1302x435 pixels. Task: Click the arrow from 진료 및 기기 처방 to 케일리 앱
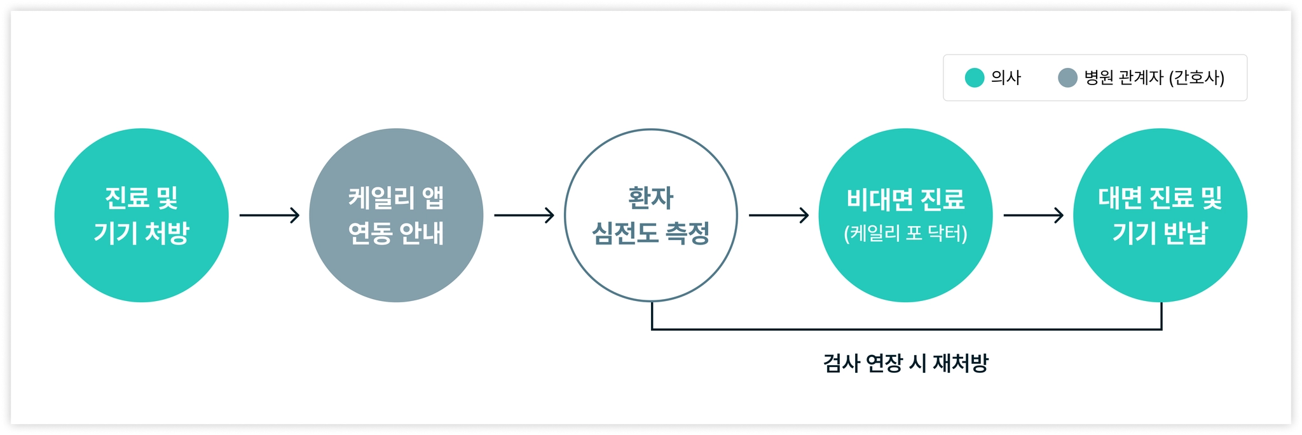(269, 215)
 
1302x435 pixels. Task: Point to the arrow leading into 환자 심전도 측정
(524, 215)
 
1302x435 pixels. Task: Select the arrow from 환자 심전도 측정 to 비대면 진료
(779, 215)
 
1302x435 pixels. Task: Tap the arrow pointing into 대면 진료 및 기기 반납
(1033, 215)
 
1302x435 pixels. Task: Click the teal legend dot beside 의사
(974, 77)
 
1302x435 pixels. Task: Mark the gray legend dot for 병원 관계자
(1067, 77)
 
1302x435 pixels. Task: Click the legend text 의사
(1006, 77)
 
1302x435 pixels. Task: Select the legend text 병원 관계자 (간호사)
(1154, 77)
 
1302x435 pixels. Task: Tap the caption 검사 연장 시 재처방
(905, 363)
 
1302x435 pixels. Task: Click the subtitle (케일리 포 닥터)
(905, 234)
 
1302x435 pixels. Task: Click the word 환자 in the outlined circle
(650, 198)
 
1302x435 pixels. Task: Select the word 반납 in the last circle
(1186, 233)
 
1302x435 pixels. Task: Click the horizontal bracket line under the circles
(907, 329)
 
